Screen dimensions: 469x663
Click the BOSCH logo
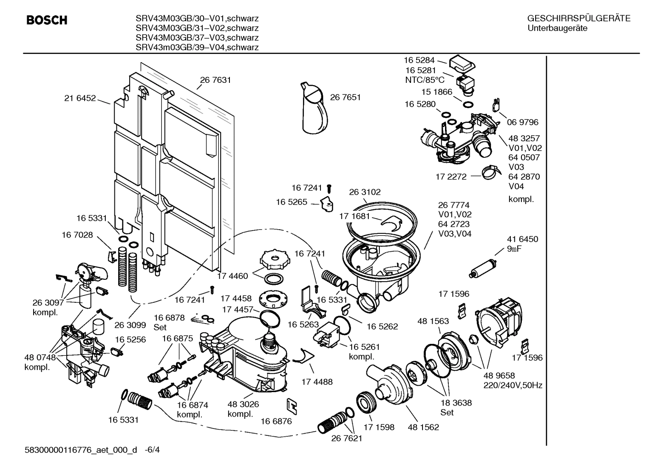47,20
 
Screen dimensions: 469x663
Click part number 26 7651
345,97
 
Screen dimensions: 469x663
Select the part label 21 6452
80,98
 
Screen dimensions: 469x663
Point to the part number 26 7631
215,80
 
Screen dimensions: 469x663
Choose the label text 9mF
515,249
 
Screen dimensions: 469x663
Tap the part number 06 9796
522,122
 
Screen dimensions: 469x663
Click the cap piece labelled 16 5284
463,63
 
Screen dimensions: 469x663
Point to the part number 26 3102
365,192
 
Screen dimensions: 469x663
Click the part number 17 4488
317,382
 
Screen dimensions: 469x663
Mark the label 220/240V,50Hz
513,385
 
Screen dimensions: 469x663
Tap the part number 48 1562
423,427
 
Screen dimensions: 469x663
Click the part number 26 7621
347,438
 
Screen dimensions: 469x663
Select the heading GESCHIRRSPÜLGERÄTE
578,19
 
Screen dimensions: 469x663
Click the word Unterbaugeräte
557,29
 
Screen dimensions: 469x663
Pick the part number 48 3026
243,404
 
